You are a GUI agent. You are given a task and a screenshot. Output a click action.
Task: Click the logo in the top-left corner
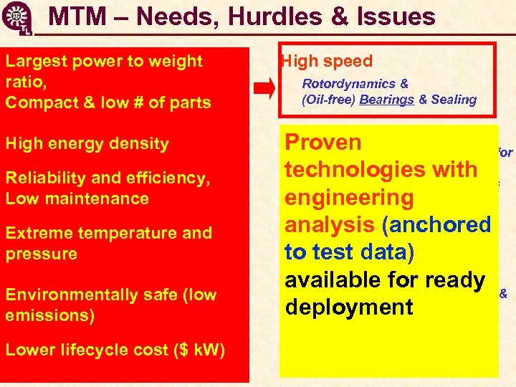pyautogui.click(x=15, y=17)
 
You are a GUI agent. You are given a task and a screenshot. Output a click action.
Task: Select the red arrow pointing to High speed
pyautogui.click(x=265, y=89)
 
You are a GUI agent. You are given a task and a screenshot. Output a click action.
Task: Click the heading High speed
pyautogui.click(x=328, y=62)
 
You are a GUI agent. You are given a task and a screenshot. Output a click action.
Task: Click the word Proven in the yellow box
pyautogui.click(x=323, y=142)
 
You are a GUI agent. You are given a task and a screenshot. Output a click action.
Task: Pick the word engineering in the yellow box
pyautogui.click(x=349, y=198)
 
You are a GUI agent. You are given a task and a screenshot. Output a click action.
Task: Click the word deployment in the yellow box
pyautogui.click(x=349, y=307)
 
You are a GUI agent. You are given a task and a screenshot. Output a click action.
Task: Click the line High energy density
pyautogui.click(x=87, y=143)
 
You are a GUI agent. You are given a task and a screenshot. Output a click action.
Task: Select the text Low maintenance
pyautogui.click(x=77, y=199)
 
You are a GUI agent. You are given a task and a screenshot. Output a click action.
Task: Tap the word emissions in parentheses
pyautogui.click(x=49, y=315)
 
